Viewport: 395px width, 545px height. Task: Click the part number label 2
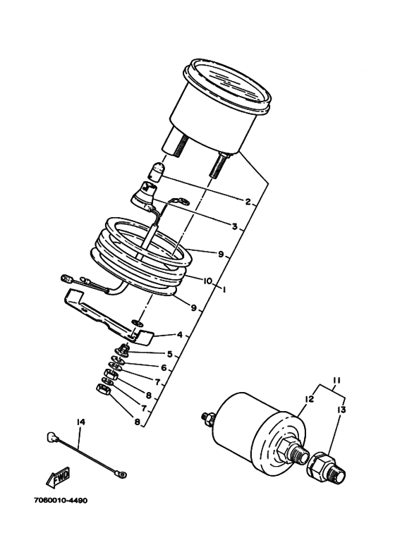(x=248, y=202)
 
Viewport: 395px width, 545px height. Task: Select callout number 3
(x=235, y=226)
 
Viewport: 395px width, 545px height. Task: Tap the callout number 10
(x=207, y=281)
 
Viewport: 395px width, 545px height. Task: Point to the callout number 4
(x=179, y=335)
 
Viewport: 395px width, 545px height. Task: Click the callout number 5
(x=170, y=354)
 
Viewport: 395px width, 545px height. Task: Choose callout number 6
(x=164, y=368)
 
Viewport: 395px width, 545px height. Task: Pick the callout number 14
(x=80, y=422)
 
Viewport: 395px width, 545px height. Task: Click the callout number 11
(x=336, y=380)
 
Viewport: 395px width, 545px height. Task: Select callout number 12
(x=309, y=399)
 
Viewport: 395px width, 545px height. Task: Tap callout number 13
(x=341, y=410)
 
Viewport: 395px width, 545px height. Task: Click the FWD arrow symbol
(x=58, y=477)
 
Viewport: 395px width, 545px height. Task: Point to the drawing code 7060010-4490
(x=61, y=501)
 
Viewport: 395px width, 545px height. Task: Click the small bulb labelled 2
(x=158, y=171)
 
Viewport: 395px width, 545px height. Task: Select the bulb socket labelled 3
(x=142, y=195)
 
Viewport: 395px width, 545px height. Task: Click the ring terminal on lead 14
(x=121, y=473)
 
